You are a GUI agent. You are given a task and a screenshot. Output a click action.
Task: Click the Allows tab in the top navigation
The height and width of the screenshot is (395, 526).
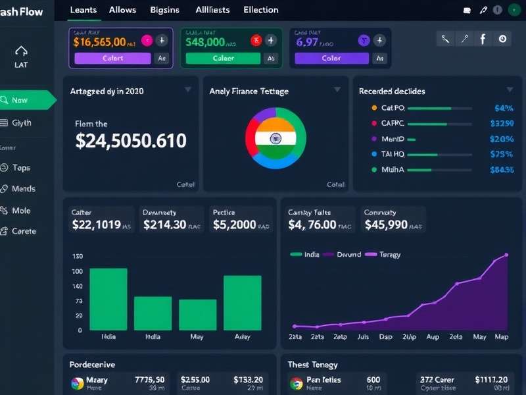click(x=122, y=10)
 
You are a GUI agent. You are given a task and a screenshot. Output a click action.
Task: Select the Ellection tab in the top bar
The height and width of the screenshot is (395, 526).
click(x=260, y=10)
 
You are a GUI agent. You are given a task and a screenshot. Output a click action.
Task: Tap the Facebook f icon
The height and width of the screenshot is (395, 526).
click(x=483, y=39)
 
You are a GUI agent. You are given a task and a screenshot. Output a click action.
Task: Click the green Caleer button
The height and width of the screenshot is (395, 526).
click(x=223, y=58)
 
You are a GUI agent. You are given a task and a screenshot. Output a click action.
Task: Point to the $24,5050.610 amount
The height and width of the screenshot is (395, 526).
click(x=131, y=141)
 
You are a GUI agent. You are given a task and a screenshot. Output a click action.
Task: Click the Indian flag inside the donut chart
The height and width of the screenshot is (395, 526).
click(x=275, y=138)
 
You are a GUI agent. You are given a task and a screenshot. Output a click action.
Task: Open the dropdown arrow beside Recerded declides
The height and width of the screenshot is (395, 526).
click(x=510, y=90)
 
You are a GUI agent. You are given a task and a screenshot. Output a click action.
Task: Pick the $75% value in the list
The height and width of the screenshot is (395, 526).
click(x=502, y=154)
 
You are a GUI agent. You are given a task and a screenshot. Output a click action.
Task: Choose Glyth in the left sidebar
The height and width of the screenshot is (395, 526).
click(x=21, y=122)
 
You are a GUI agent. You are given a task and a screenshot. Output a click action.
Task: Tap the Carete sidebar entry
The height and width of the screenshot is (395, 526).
click(x=24, y=231)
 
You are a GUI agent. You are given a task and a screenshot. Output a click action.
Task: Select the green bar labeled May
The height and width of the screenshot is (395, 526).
click(x=198, y=315)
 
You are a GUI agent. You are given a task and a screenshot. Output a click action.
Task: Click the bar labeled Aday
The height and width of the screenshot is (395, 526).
click(x=242, y=302)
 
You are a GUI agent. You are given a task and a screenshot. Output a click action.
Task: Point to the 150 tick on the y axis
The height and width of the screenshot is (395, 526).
click(x=77, y=256)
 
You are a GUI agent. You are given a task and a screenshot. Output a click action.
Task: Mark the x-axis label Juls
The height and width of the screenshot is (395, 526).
click(x=362, y=336)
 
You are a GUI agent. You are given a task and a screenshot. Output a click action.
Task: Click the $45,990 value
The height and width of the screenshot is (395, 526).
click(x=385, y=224)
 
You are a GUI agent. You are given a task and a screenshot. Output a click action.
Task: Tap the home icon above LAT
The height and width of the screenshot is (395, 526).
click(x=21, y=51)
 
